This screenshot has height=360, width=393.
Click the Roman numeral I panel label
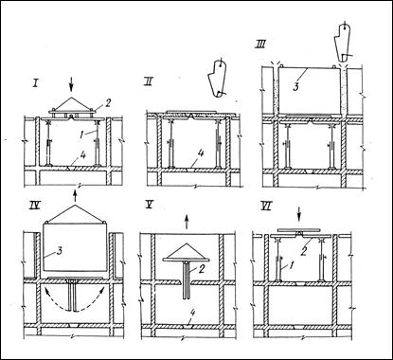click(x=35, y=84)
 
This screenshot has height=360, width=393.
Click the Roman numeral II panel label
click(x=148, y=82)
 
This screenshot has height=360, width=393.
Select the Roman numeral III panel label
click(x=259, y=45)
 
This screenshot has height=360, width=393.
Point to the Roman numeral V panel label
click(x=148, y=205)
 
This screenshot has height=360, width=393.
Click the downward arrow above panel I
click(x=72, y=84)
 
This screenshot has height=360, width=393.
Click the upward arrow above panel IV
click(x=75, y=195)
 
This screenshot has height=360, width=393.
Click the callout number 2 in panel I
click(x=108, y=103)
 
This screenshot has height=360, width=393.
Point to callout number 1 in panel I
click(x=81, y=135)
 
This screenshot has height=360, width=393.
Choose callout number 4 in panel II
click(x=201, y=153)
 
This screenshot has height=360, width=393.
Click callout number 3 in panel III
click(x=295, y=87)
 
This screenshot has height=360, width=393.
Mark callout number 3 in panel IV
click(x=60, y=251)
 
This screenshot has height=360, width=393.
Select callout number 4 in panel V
click(x=192, y=313)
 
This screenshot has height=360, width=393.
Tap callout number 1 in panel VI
click(x=292, y=267)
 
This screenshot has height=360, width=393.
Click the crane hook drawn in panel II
click(x=217, y=78)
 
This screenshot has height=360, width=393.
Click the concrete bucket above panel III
click(x=342, y=42)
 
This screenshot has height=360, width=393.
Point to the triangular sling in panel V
click(x=187, y=252)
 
